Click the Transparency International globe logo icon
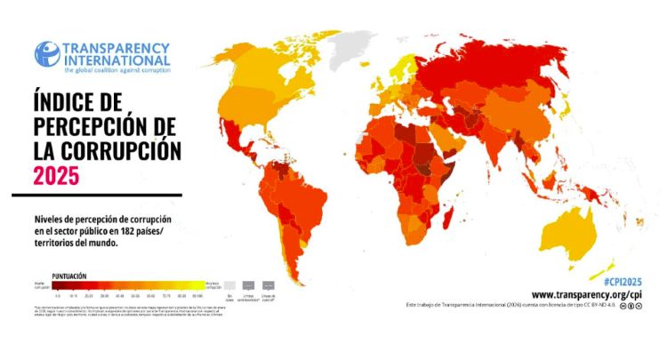pos(47,53)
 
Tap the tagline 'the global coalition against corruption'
pos(117,68)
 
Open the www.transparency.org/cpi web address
pos(588,294)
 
